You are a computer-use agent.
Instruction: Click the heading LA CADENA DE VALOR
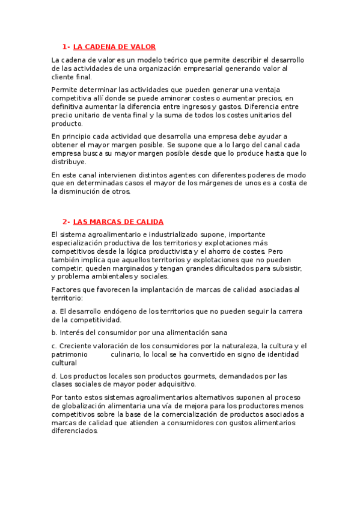(114, 47)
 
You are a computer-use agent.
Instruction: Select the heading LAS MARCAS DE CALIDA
(118, 222)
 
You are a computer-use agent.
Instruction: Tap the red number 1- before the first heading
(66, 47)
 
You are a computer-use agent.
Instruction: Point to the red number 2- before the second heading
(66, 222)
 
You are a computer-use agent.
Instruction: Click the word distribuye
(70, 162)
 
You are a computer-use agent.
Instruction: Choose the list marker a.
(54, 312)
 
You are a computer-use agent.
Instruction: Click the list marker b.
(54, 333)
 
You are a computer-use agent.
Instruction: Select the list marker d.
(54, 376)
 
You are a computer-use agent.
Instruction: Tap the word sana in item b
(219, 333)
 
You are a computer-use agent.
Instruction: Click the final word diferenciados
(75, 431)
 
